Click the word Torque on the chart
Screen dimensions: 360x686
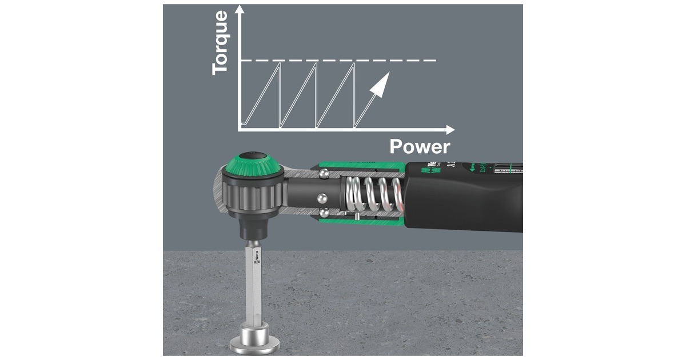220,42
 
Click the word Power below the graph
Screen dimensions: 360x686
420,147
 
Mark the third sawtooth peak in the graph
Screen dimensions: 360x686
354,63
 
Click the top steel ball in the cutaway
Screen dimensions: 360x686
324,172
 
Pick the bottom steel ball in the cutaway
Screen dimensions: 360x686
325,213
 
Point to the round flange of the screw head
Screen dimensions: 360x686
254,345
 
